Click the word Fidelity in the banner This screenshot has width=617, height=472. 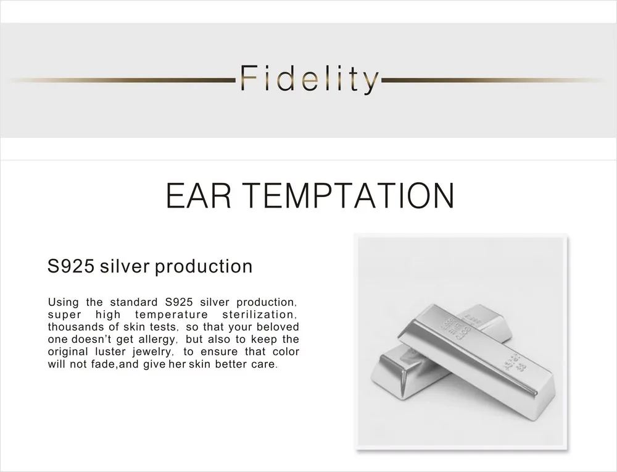[309, 79]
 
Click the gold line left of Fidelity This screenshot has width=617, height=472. [122, 80]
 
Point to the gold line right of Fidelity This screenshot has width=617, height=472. [492, 80]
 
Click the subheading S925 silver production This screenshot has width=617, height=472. [150, 266]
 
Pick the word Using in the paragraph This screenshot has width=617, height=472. [63, 303]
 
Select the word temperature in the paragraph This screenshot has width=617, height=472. [171, 314]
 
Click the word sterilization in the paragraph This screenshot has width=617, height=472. [260, 314]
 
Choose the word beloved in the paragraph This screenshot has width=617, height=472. [278, 327]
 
